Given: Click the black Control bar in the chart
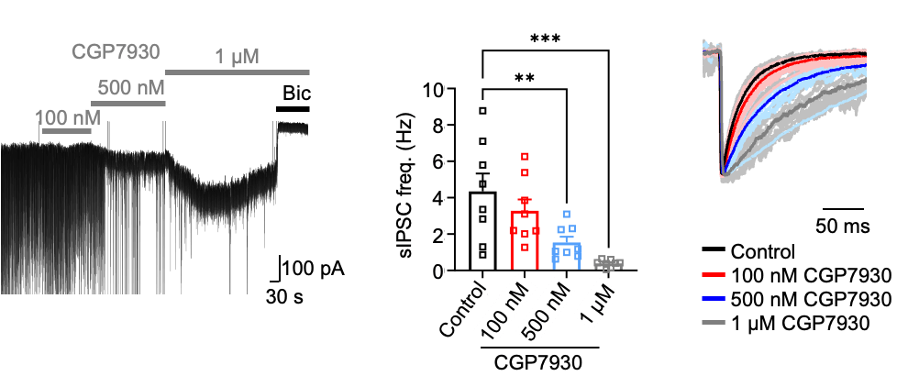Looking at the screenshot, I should (x=482, y=230).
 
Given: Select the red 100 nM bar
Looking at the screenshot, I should (x=524, y=240).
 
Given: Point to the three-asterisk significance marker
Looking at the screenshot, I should (x=544, y=39).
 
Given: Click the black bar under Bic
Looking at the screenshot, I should (x=293, y=109).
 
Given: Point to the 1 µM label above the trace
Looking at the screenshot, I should (x=237, y=56).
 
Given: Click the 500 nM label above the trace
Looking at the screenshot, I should (x=130, y=88).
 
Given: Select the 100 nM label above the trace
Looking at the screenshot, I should (x=68, y=117).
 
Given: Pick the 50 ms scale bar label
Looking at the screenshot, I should (x=843, y=226).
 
